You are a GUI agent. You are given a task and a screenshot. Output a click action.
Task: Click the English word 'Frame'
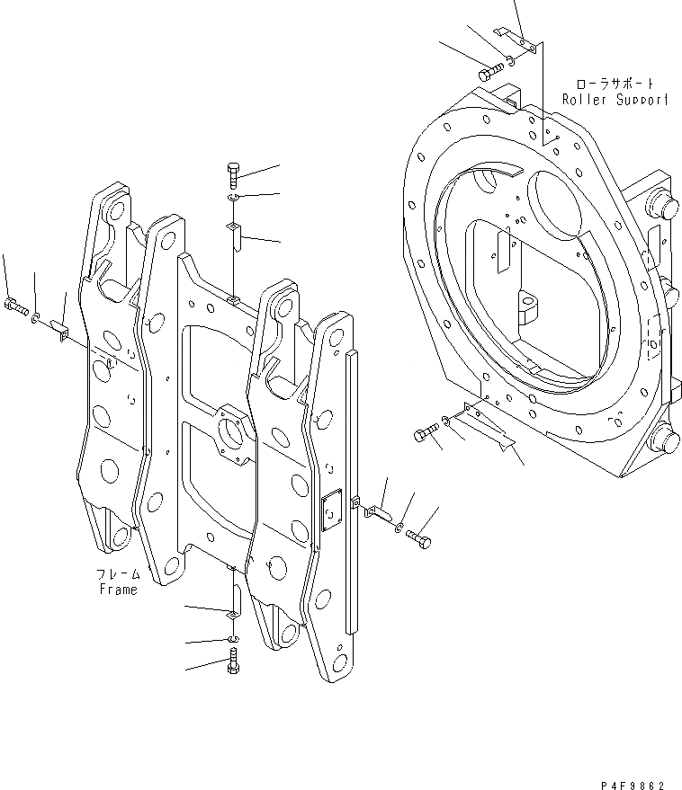click(118, 590)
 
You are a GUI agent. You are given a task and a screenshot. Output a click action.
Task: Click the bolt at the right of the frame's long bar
click(418, 539)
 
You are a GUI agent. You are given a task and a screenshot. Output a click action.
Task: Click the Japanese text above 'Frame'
click(118, 574)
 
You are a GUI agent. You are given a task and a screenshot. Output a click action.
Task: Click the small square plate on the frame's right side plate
click(331, 511)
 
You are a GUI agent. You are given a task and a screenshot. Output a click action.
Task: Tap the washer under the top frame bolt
click(232, 198)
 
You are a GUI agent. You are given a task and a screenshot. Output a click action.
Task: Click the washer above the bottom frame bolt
click(233, 639)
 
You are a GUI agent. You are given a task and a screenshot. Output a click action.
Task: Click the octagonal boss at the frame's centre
click(231, 439)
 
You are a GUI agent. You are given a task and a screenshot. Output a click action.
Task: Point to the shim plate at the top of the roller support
click(521, 40)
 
